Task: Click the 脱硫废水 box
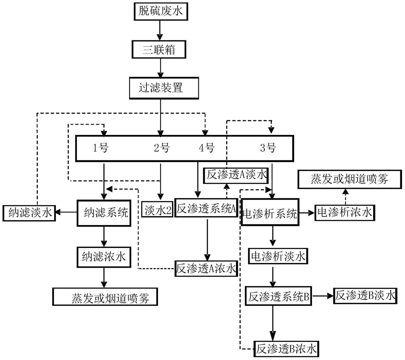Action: [160, 11]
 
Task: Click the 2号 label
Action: [161, 148]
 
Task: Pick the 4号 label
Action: [207, 148]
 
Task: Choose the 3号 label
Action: [268, 148]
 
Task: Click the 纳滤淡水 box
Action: [29, 212]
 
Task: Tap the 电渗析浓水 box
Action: [345, 212]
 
